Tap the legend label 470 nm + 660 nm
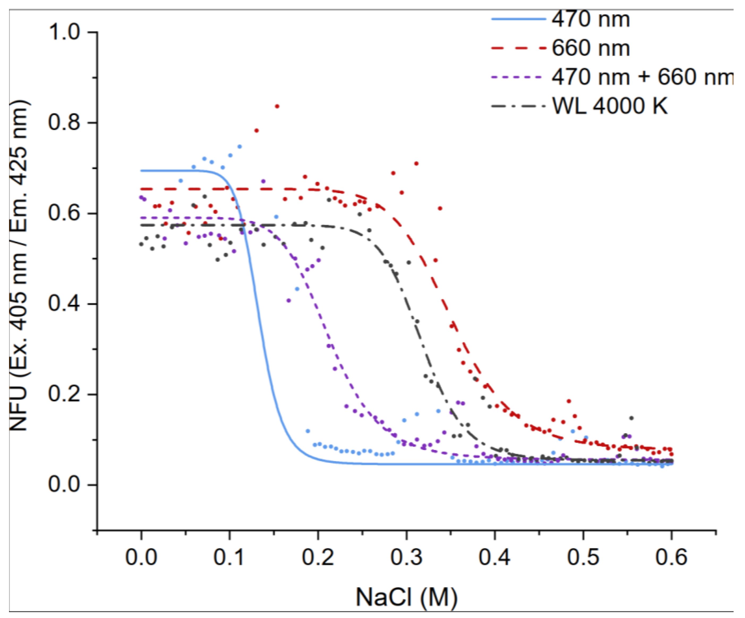pos(642,77)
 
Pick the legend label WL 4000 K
pos(610,105)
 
